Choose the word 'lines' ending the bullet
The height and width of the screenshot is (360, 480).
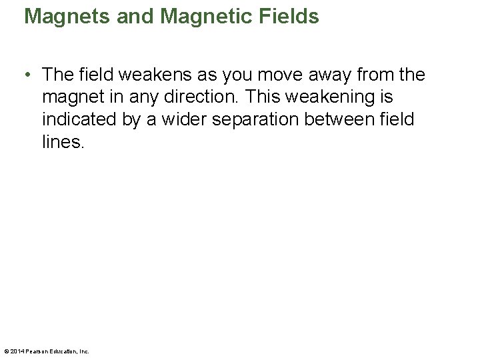coord(61,143)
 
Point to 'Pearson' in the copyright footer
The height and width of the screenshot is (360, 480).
coord(38,351)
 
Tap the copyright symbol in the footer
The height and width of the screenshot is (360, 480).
coord(6,351)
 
